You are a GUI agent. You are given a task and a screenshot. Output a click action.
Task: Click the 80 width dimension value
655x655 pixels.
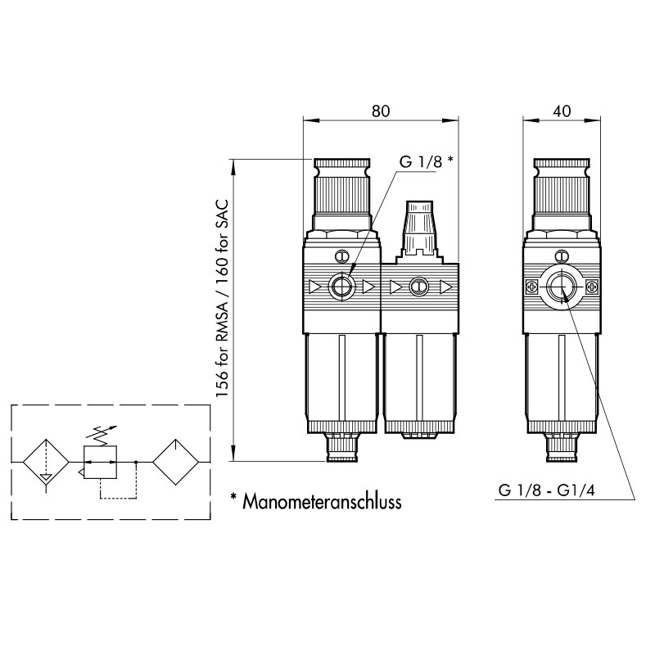pyautogui.click(x=381, y=111)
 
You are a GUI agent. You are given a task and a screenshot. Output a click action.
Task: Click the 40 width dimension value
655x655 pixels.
pyautogui.click(x=562, y=111)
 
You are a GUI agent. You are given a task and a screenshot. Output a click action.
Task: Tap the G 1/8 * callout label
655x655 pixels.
pyautogui.click(x=426, y=161)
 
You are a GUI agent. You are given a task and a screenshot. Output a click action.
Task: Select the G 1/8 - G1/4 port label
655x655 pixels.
pyautogui.click(x=546, y=490)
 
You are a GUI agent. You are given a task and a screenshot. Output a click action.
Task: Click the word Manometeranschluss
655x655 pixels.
pyautogui.click(x=322, y=501)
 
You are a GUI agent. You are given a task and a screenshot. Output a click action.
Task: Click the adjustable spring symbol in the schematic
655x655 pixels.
pyautogui.click(x=100, y=435)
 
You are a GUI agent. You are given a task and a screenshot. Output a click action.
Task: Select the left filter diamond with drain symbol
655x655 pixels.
pyautogui.click(x=46, y=462)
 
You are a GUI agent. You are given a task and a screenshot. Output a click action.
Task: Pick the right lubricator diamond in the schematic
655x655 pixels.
pyautogui.click(x=175, y=462)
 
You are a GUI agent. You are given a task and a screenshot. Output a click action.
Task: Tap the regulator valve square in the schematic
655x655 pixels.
pyautogui.click(x=100, y=462)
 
